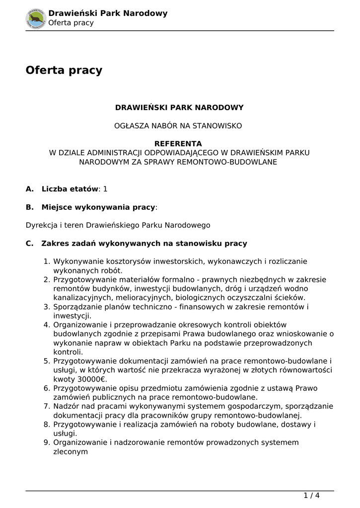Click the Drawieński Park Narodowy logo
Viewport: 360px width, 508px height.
click(36, 18)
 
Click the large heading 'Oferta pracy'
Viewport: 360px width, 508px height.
click(64, 70)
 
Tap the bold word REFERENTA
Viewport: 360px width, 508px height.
click(178, 144)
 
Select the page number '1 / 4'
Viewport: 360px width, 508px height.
click(311, 495)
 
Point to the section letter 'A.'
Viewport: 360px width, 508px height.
click(30, 189)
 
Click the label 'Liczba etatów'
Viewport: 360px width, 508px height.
click(70, 189)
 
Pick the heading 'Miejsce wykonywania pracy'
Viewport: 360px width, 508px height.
click(98, 207)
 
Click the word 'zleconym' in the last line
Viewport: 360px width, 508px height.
click(71, 451)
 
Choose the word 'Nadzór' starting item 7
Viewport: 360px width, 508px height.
click(67, 406)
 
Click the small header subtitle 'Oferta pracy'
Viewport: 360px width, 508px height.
click(71, 23)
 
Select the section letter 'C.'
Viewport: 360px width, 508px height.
click(30, 244)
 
